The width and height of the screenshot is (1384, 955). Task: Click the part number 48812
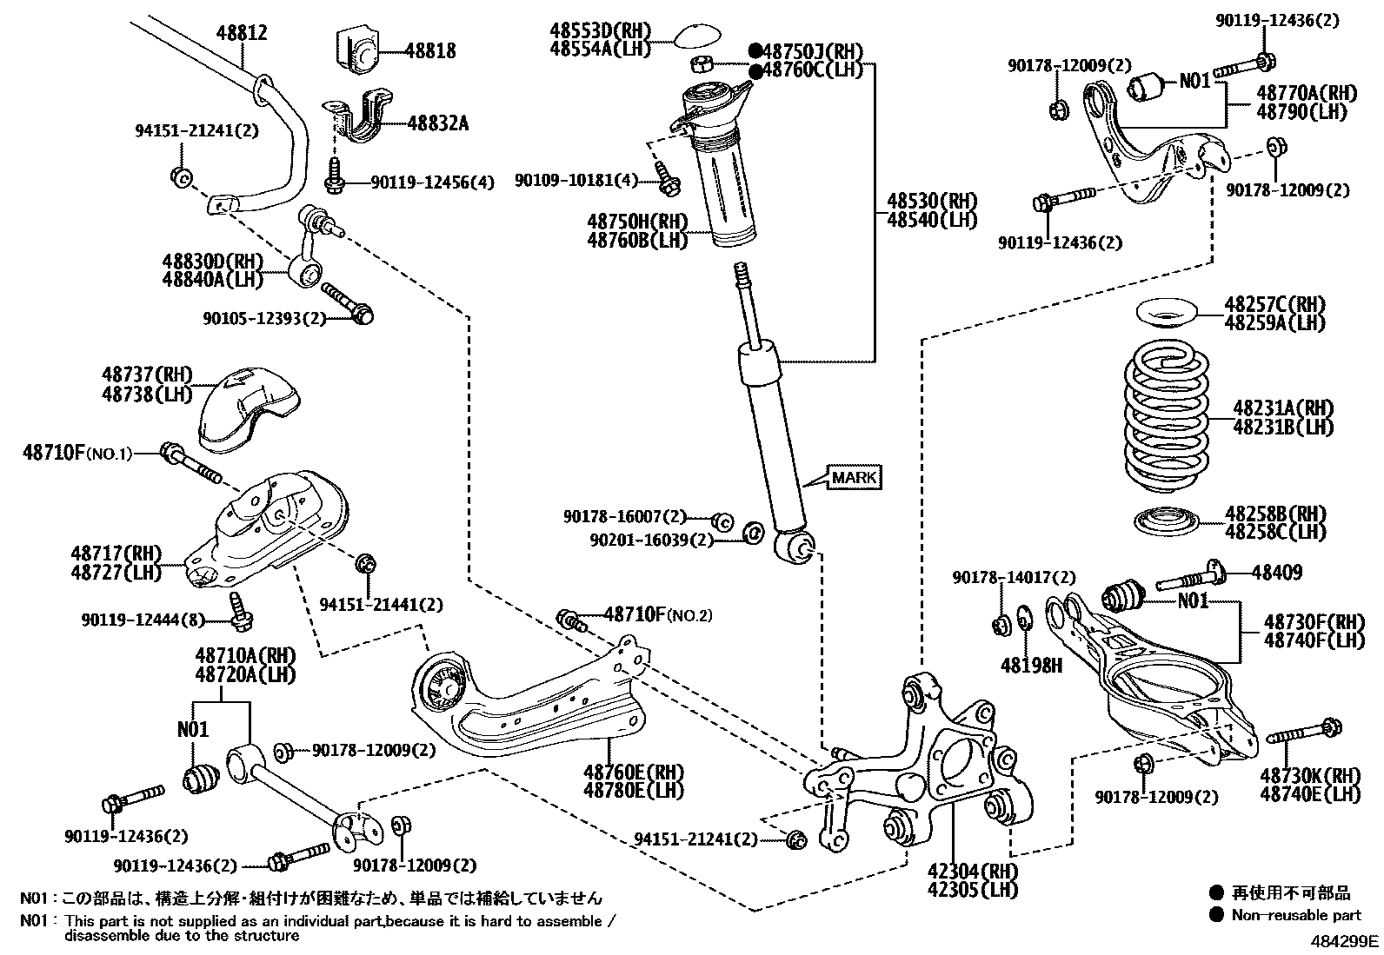click(241, 33)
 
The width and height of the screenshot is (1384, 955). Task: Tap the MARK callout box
click(855, 477)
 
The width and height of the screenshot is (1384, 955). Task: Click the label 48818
click(429, 51)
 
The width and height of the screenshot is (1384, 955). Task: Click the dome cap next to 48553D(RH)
click(699, 37)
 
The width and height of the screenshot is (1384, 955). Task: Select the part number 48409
click(1277, 572)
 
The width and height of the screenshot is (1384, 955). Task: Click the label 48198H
click(1031, 666)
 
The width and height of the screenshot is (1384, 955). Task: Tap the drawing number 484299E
click(1345, 940)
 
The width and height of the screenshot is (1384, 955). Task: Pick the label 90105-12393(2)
click(264, 319)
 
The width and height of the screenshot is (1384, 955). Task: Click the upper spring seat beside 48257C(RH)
click(1167, 312)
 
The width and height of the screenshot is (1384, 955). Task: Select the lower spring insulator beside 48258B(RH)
click(1167, 522)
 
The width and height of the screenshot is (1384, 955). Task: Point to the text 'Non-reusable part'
click(1296, 914)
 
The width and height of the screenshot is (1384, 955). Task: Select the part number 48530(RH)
click(932, 201)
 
